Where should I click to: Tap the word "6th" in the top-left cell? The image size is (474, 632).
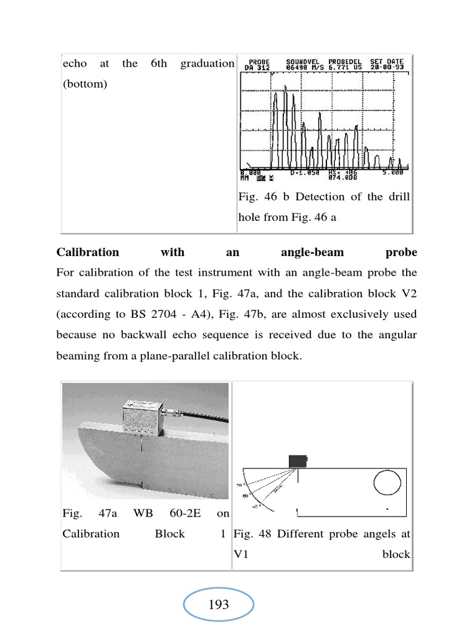159,64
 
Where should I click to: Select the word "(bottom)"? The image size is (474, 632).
85,84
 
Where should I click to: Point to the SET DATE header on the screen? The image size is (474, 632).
388,62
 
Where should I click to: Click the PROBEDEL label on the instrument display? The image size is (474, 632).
346,62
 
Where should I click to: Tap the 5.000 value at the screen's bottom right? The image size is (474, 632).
393,172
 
